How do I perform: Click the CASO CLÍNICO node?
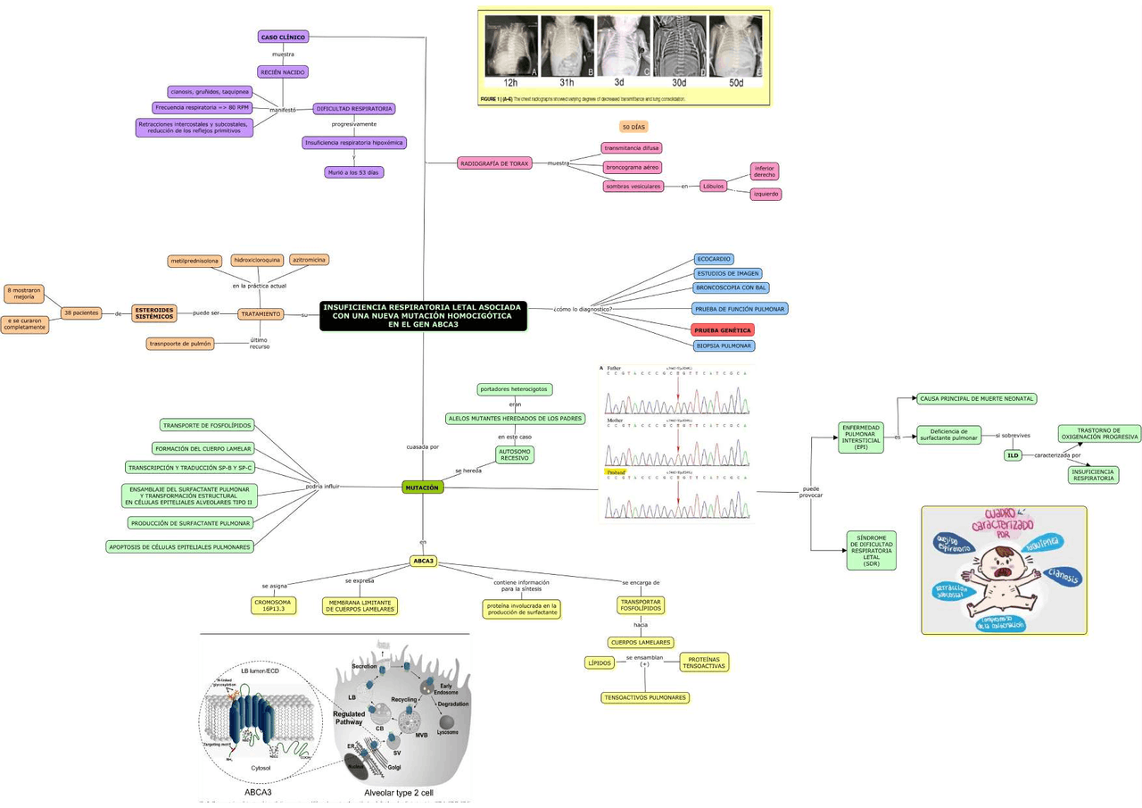284,37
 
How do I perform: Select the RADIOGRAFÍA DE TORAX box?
494,163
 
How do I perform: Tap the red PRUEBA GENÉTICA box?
723,330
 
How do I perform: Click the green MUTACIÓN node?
422,487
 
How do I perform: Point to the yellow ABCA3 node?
423,561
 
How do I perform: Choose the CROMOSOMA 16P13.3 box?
273,605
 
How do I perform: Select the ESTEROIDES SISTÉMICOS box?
154,313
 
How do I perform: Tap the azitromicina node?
310,260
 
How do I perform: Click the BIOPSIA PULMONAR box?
724,346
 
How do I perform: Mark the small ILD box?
1013,455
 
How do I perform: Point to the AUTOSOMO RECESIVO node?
515,454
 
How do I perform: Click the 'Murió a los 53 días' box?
354,172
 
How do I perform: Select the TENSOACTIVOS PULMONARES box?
645,697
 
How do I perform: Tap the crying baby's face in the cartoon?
1012,562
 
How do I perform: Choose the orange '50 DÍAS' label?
633,128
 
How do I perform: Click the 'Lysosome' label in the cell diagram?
447,732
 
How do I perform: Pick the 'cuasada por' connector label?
422,446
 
